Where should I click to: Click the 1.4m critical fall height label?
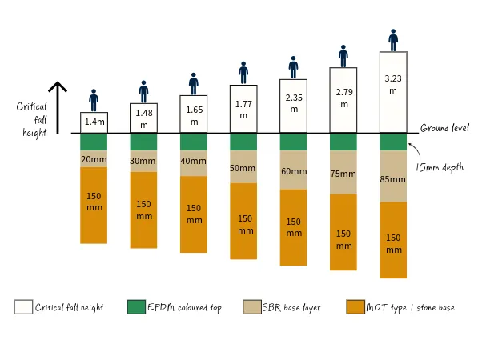pos(94,122)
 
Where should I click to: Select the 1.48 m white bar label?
pos(144,117)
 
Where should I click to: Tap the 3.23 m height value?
pos(393,84)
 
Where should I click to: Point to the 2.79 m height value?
pos(343,98)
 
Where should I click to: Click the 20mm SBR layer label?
pos(94,159)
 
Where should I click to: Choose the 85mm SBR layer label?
pos(393,179)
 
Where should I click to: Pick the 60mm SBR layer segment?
pos(293,171)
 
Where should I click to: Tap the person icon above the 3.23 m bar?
pos(393,40)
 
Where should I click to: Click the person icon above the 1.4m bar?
pos(94,100)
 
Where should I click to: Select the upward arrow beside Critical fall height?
pos(57,107)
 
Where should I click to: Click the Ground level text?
pos(444,128)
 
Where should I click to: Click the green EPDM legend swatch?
pos(136,307)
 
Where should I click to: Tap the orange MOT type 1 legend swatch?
pos(355,307)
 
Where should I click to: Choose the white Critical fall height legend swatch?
pos(23,307)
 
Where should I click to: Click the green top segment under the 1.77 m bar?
pos(243,142)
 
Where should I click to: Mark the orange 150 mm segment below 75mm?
pos(343,239)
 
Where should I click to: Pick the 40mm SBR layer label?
pos(194,162)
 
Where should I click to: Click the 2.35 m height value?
pos(293,103)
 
